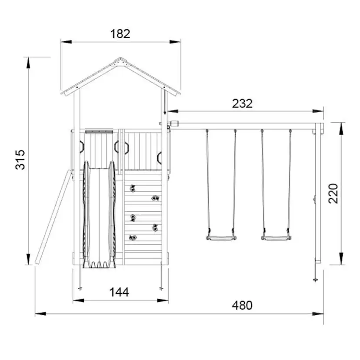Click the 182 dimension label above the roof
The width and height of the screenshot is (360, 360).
[x=120, y=34]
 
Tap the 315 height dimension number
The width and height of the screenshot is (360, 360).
[x=20, y=160]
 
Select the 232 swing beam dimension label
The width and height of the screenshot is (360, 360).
[x=242, y=103]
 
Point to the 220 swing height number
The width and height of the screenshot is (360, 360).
[x=333, y=193]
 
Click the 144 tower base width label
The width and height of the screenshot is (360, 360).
[x=119, y=292]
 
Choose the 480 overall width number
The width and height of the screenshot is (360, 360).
[x=242, y=305]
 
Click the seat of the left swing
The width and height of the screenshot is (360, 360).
[x=221, y=238]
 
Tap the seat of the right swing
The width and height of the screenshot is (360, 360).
[x=276, y=238]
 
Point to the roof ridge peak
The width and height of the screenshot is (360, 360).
[x=120, y=58]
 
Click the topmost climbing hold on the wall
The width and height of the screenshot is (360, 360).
[x=133, y=188]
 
